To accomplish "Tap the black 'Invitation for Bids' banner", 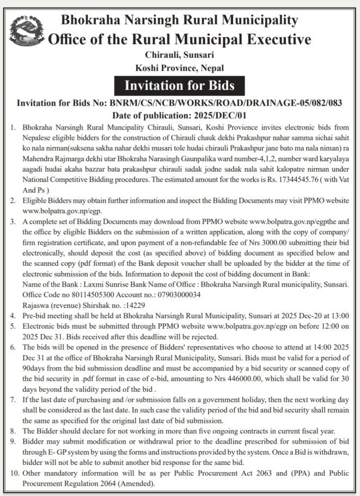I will pos(179,86).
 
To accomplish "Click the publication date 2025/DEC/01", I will pos(217,115).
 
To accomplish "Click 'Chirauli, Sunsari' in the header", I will pos(179,55).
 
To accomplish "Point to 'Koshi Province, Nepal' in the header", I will pos(179,68).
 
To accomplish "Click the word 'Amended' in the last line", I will pos(138,483).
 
